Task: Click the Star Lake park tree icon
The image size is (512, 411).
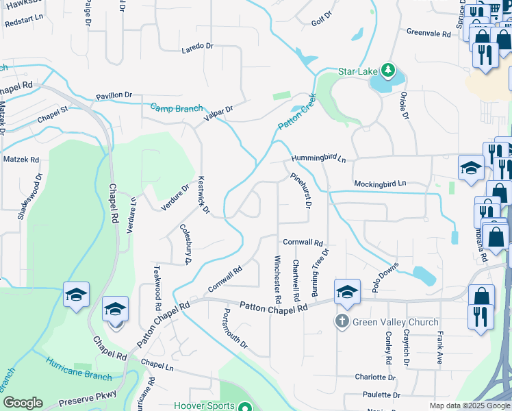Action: [x=388, y=70]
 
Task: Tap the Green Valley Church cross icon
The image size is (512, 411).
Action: [x=342, y=321]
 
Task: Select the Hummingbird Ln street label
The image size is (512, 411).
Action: [x=318, y=158]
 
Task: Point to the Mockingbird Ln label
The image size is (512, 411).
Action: [x=380, y=184]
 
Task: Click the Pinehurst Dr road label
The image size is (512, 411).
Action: [x=301, y=190]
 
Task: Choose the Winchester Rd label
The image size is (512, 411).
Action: [x=278, y=279]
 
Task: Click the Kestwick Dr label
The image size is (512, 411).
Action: [x=203, y=195]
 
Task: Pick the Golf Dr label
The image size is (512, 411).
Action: [x=322, y=18]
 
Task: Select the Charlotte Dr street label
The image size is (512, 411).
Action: [x=375, y=377]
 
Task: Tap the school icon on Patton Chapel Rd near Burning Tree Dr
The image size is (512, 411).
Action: [x=347, y=292]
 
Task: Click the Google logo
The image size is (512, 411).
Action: [x=23, y=403]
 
